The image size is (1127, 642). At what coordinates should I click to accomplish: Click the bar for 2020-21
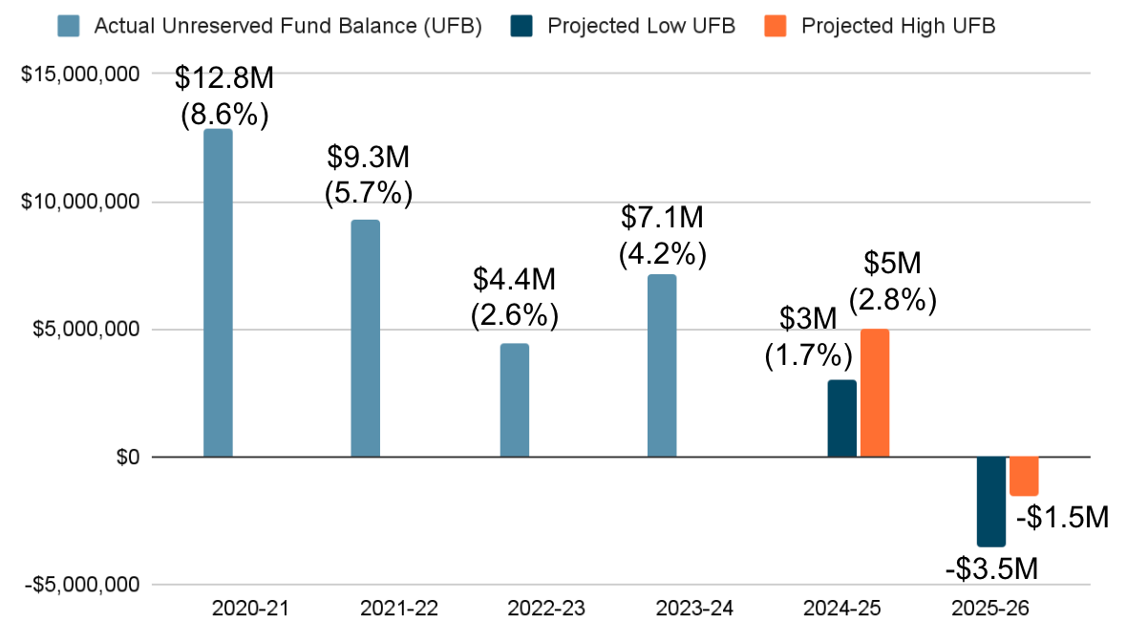218,292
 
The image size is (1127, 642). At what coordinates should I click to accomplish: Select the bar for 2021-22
365,338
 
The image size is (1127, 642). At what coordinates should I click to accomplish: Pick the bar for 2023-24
662,365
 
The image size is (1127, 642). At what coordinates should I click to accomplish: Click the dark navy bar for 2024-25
841,418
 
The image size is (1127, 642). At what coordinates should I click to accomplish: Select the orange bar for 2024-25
875,393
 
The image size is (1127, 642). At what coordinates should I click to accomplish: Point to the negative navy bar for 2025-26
990,502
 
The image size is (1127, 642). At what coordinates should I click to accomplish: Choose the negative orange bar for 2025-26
1024,476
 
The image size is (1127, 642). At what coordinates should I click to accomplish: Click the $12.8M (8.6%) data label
225,96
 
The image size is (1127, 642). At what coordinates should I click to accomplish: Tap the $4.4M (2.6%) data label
514,297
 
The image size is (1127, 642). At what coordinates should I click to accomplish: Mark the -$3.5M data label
991,569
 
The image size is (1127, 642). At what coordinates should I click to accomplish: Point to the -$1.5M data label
1062,517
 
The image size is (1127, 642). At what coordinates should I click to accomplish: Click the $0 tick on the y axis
127,458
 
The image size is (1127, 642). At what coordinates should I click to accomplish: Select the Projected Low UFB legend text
641,26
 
